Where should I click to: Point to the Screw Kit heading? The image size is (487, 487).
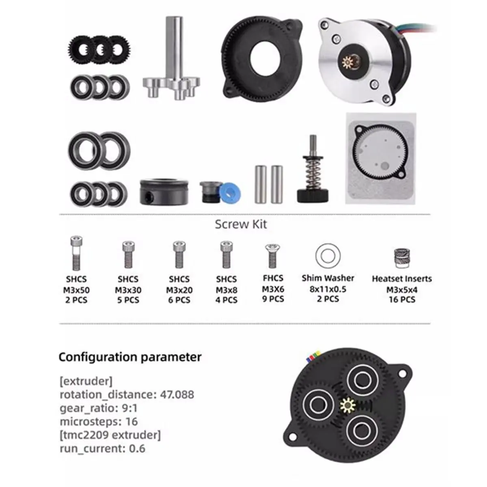[241, 224]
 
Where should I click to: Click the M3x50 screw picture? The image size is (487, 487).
[76, 254]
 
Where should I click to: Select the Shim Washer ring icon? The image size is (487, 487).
[328, 256]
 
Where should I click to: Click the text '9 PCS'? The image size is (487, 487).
[273, 299]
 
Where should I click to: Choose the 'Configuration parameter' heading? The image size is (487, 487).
[130, 357]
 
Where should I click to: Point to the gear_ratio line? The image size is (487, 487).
[99, 408]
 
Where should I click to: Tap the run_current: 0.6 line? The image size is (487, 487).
[102, 448]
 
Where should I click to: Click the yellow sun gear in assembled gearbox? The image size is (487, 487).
[347, 405]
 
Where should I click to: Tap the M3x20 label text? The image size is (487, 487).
[179, 290]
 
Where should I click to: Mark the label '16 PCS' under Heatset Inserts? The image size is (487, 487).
[402, 300]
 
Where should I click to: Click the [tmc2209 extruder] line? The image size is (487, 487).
[110, 435]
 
